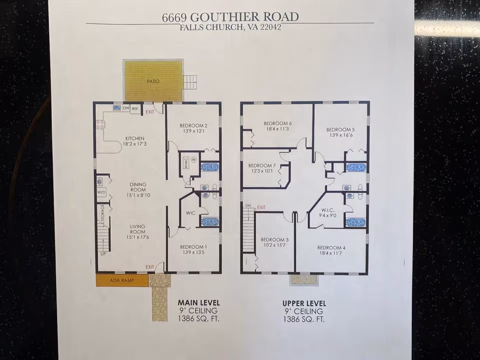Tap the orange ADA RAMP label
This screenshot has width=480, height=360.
122,280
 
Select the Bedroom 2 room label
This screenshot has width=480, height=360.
193,125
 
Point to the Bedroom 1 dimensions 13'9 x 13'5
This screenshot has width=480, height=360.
193,252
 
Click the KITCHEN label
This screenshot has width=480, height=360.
134,138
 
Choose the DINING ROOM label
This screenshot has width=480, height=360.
138,187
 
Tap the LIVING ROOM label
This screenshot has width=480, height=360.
137,229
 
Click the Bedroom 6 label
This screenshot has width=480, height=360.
277,123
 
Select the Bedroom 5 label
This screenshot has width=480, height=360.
340,129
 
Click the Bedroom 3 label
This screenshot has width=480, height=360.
274,239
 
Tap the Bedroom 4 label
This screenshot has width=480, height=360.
331,247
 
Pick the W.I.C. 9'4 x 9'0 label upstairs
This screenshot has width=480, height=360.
328,213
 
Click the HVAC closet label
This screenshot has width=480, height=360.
185,164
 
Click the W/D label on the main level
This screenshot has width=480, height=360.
101,192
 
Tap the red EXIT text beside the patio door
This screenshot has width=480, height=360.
149,111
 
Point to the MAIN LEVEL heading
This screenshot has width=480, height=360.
198,303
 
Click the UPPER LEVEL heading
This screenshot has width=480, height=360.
304,303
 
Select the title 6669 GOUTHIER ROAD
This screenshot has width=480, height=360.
230,16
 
